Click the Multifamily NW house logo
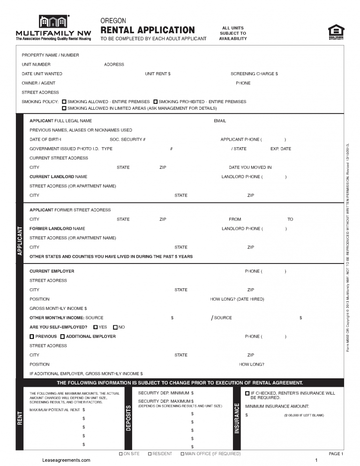53,22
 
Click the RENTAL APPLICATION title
148,30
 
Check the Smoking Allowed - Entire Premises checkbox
64,102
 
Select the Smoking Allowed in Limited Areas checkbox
64,108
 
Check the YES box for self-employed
96,327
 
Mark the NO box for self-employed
115,327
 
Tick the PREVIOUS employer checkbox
32,337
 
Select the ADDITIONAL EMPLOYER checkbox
62,337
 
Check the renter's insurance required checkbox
247,393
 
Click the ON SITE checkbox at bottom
121,454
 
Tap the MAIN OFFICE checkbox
182,454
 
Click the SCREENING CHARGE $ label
254,74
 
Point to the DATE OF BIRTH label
45,140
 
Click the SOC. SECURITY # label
127,140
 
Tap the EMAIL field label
220,121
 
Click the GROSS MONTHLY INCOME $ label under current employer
58,308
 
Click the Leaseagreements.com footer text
66,460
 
